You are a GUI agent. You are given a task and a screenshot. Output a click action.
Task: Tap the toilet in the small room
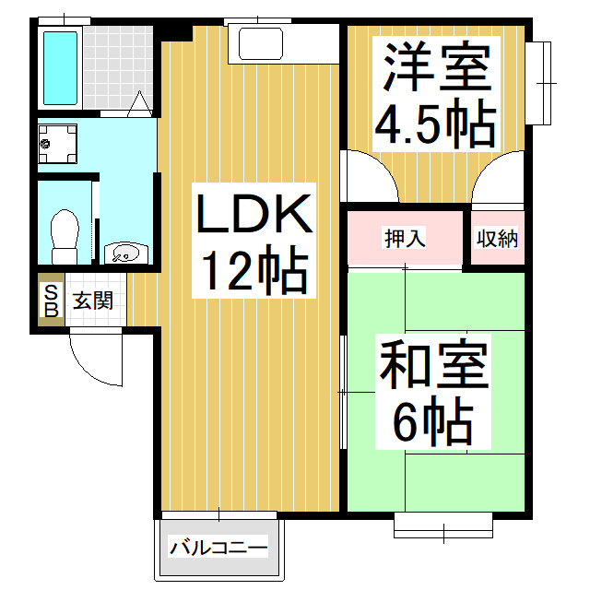(x=64, y=234)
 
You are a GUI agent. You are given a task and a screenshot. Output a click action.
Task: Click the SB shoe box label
(x=51, y=301)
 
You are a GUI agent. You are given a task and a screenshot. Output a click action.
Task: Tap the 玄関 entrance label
(x=93, y=301)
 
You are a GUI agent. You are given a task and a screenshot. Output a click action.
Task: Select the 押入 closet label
(x=404, y=238)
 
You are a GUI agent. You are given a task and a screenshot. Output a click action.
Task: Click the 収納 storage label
(x=497, y=238)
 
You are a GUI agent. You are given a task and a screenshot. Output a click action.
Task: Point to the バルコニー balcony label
(x=218, y=549)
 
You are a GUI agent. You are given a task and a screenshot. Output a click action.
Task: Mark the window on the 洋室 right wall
(x=546, y=83)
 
